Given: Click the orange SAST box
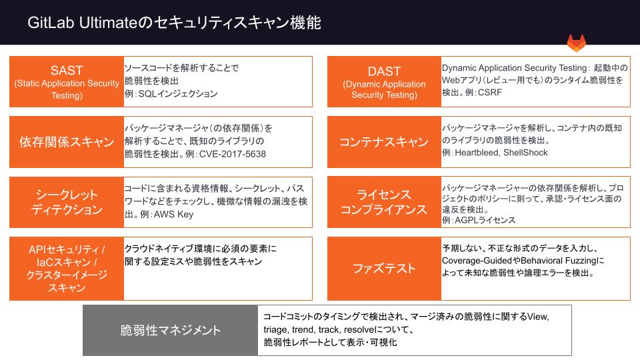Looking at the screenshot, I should pos(67,82).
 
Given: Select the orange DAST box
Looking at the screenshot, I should pos(384,82).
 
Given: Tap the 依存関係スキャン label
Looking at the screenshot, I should pos(67,142).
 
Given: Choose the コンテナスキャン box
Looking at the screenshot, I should pos(384,142).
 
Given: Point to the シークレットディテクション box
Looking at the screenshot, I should pos(67,202).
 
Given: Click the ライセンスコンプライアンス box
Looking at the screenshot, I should pos(384,202).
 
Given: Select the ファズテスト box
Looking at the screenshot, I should pos(384,269).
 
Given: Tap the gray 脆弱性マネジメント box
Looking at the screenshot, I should pos(171,331).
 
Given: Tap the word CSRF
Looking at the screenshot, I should pos(490,93).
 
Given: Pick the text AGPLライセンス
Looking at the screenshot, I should pos(485,220).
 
